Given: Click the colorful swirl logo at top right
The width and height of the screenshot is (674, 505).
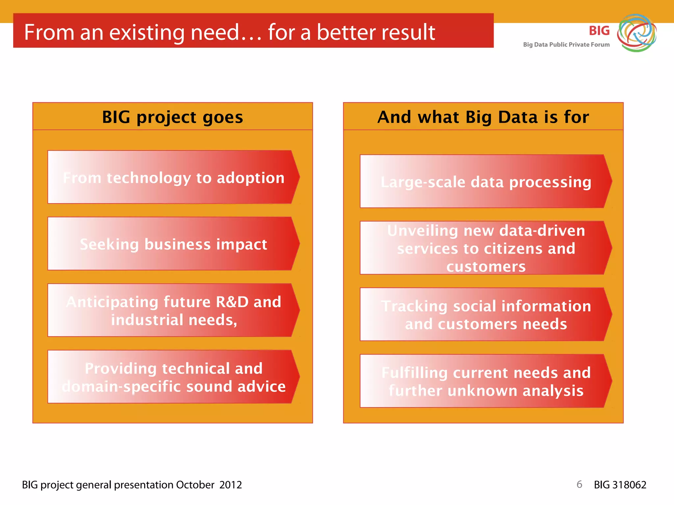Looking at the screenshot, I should tap(636, 33).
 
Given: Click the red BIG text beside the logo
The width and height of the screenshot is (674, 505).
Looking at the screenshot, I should tap(599, 31).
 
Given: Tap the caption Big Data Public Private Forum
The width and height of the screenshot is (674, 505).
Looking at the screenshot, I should tap(566, 45).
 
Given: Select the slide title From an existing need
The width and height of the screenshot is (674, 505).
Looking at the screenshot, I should tap(229, 32).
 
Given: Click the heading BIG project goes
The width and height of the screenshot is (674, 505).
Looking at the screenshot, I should tap(172, 117).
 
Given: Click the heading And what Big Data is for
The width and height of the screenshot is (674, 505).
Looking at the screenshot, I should tap(483, 117).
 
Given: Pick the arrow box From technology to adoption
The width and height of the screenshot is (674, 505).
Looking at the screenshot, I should tap(173, 178).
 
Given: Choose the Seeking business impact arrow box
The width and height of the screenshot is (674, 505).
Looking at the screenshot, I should tap(173, 244).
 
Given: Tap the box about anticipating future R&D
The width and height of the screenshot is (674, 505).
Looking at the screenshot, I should tap(173, 310).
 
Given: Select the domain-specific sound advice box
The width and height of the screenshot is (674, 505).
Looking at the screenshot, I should tap(173, 377).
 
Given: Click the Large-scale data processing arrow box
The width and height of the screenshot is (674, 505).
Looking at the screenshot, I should tap(486, 182).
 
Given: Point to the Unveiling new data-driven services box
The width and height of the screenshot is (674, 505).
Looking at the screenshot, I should tap(486, 248).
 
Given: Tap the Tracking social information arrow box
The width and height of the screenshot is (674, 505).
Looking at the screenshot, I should tap(486, 315).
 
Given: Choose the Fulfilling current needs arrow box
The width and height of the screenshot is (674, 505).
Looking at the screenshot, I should tap(486, 381).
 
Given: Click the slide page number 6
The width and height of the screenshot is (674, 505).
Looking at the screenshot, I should tap(579, 484).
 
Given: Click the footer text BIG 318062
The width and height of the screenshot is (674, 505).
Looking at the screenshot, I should tap(620, 485).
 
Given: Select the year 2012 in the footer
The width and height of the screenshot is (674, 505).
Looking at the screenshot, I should tap(230, 485).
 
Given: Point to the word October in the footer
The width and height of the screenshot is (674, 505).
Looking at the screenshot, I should tap(195, 485).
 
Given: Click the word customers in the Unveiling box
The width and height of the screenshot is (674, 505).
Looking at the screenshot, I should tap(486, 266).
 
